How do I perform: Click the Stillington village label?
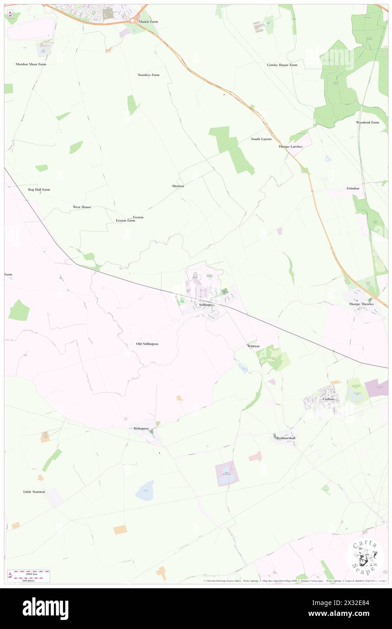point(206,305)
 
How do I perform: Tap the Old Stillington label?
point(147,344)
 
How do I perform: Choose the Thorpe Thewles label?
point(360,304)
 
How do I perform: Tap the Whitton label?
point(253,346)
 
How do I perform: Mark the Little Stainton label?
point(34,491)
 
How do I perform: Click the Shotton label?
point(178,186)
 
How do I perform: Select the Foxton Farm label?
point(125,220)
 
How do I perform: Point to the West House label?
point(82,207)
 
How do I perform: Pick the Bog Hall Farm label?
point(39,189)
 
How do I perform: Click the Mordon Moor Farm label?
point(31,64)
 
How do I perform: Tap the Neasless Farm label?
point(148,75)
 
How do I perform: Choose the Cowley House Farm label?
point(282,65)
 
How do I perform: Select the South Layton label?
point(261,139)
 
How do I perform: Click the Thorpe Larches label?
point(290,146)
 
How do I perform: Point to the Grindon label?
point(353,188)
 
